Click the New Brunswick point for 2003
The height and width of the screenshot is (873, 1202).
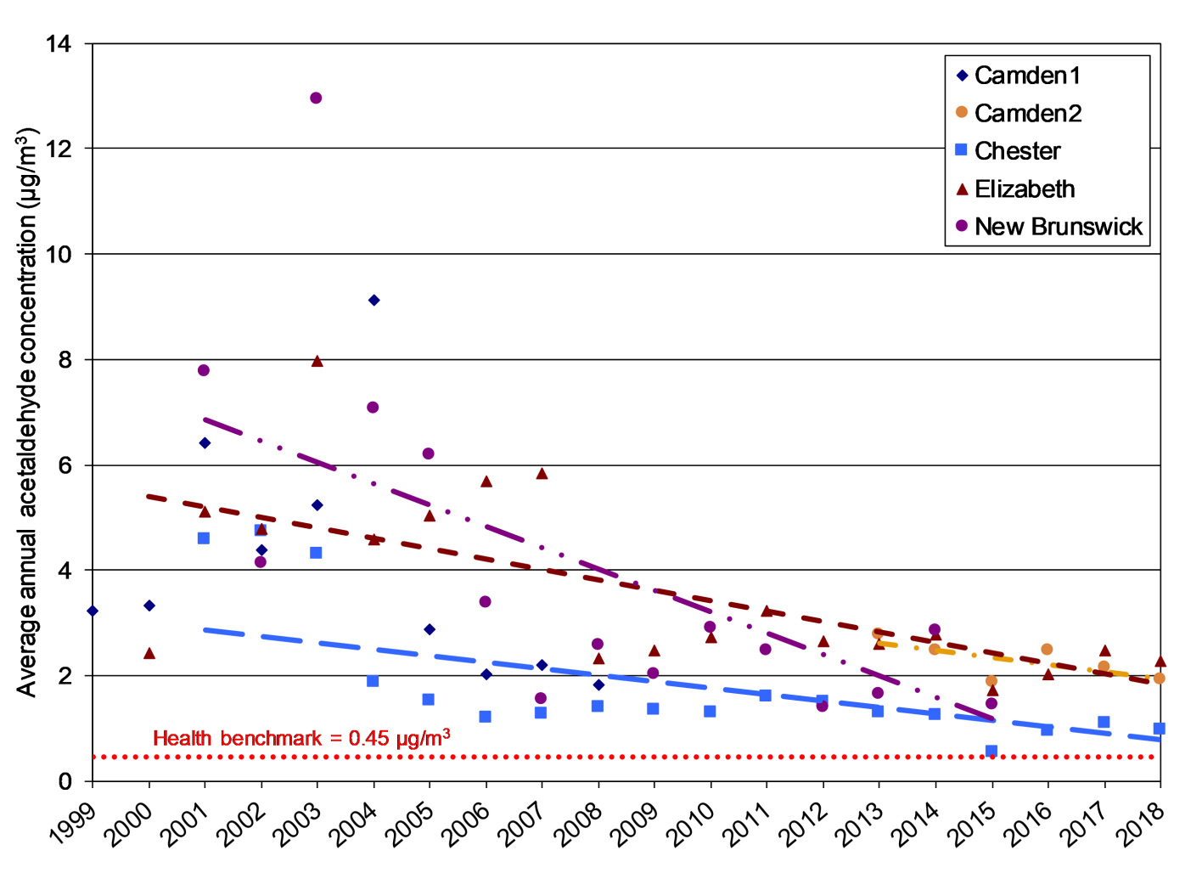pyautogui.click(x=316, y=98)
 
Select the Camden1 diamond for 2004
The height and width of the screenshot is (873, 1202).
pyautogui.click(x=374, y=300)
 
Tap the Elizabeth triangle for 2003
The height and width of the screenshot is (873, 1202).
pyautogui.click(x=317, y=361)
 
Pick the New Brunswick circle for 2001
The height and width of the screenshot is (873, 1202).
pyautogui.click(x=204, y=370)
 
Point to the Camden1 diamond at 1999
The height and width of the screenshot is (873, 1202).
pyautogui.click(x=93, y=611)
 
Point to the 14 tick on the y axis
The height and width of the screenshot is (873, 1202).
pyautogui.click(x=58, y=43)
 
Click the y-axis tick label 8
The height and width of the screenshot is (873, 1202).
pyautogui.click(x=65, y=359)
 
